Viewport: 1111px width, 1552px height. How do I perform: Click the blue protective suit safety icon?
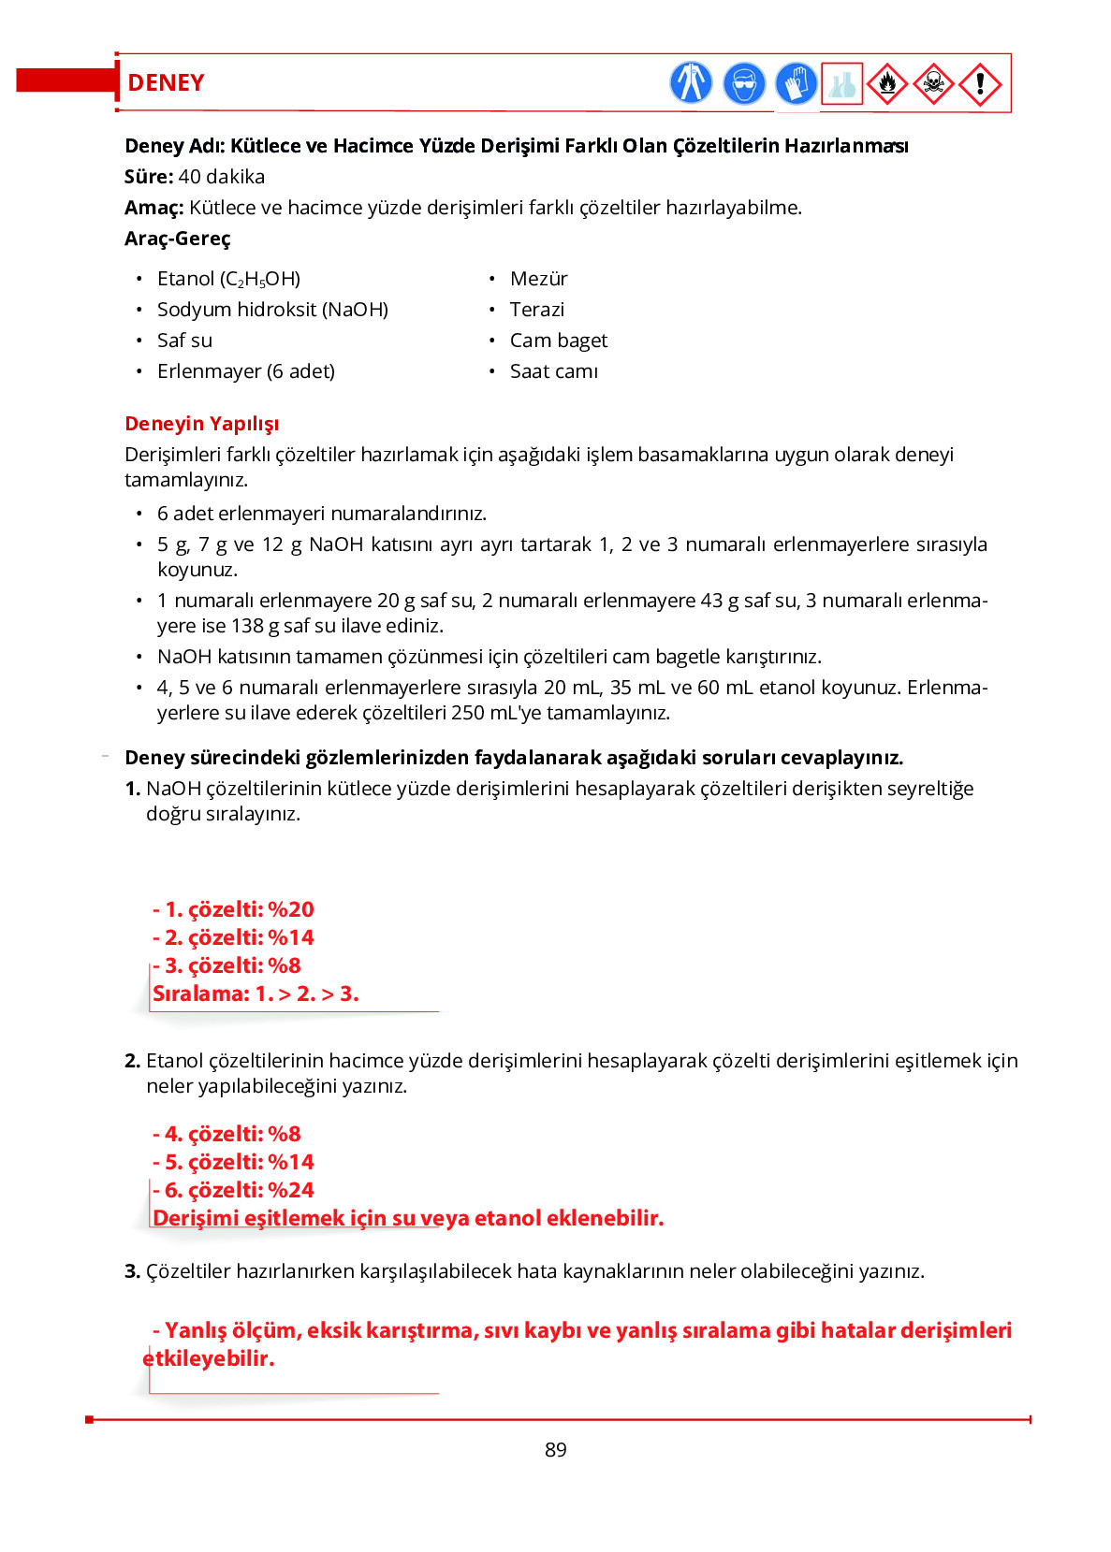(691, 83)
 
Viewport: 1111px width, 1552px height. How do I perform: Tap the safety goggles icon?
(744, 84)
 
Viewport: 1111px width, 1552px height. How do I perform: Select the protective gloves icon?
(796, 84)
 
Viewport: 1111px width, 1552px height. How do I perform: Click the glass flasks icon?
(841, 84)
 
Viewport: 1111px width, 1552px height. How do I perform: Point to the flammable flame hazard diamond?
(886, 84)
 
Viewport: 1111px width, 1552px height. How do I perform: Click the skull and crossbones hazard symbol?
(933, 84)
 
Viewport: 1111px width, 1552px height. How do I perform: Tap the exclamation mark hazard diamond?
(980, 84)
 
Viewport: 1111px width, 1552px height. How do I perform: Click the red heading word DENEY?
(166, 83)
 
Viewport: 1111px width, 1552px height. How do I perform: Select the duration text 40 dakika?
(222, 177)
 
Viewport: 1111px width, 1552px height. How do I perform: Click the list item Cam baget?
(558, 341)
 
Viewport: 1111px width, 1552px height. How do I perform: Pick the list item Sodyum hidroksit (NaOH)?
(272, 310)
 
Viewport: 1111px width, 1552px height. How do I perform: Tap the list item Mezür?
(538, 279)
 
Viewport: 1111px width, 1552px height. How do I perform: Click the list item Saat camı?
(553, 371)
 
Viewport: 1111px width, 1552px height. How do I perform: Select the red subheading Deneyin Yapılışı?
(202, 424)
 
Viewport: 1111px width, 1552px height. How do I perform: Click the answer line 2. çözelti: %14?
(234, 937)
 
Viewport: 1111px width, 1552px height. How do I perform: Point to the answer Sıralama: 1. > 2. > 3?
(256, 994)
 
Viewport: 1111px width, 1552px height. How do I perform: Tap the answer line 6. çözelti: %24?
(234, 1190)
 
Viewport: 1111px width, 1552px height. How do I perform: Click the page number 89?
(555, 1450)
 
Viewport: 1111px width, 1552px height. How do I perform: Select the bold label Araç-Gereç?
(178, 239)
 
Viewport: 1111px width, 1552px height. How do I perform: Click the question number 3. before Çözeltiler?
(133, 1271)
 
